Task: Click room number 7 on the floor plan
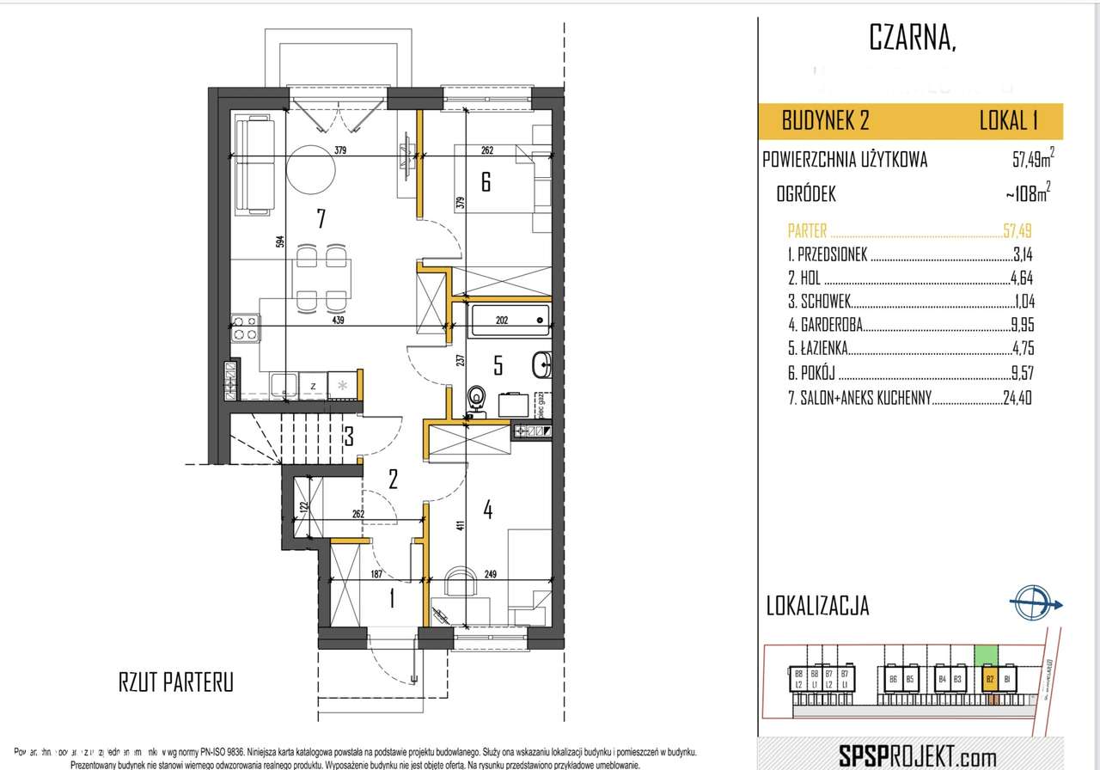[320, 219]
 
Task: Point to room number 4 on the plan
[487, 510]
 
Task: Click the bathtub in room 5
[509, 321]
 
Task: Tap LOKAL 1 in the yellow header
[1015, 120]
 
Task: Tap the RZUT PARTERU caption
[175, 683]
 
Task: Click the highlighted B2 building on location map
[990, 679]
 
